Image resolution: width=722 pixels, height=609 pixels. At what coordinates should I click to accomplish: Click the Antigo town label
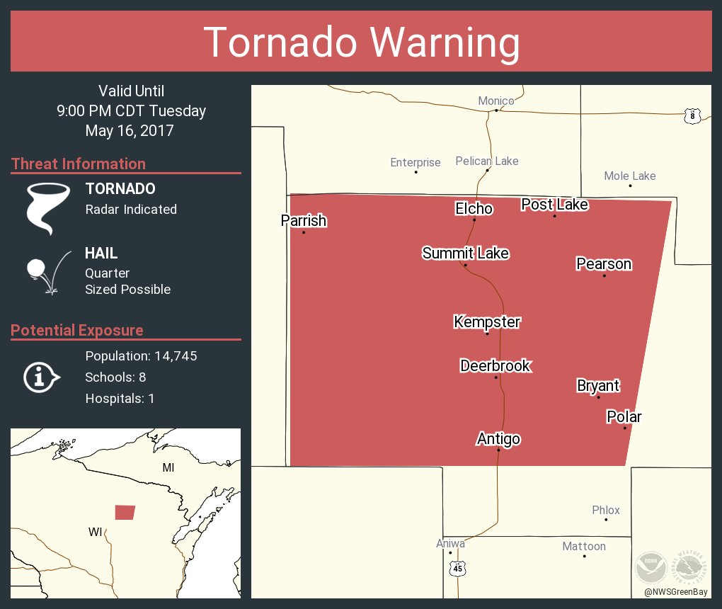[498, 439]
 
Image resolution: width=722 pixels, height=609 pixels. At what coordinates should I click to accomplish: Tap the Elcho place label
[474, 208]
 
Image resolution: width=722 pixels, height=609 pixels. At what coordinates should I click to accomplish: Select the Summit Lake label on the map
[465, 253]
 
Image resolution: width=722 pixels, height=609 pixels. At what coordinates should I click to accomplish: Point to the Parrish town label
[304, 221]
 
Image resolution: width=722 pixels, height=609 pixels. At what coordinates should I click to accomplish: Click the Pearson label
[604, 264]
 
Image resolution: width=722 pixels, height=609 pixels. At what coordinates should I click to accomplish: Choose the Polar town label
[624, 416]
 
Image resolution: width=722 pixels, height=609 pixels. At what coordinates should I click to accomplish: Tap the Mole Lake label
[630, 176]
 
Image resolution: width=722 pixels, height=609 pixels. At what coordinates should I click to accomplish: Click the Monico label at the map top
[495, 101]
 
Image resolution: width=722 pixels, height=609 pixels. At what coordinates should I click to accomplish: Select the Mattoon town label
[584, 546]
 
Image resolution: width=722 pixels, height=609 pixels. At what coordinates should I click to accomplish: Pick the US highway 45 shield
[458, 569]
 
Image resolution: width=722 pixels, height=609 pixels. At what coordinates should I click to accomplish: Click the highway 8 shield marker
[692, 115]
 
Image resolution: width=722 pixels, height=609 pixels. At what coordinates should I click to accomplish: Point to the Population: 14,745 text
[141, 355]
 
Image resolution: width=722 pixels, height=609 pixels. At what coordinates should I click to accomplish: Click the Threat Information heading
[79, 164]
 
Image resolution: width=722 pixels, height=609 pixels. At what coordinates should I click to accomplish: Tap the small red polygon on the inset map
[125, 512]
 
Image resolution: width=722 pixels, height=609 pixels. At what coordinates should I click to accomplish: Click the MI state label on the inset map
[168, 467]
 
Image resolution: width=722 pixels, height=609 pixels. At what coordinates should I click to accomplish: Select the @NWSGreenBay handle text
[675, 591]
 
